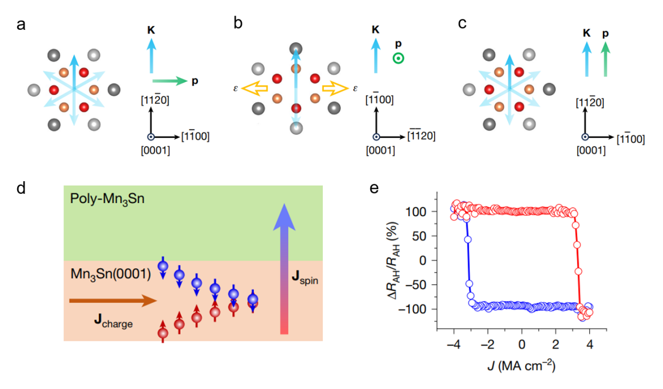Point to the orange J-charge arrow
[112, 301]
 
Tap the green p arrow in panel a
[169, 81]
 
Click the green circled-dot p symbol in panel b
[399, 58]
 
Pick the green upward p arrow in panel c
[605, 60]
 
